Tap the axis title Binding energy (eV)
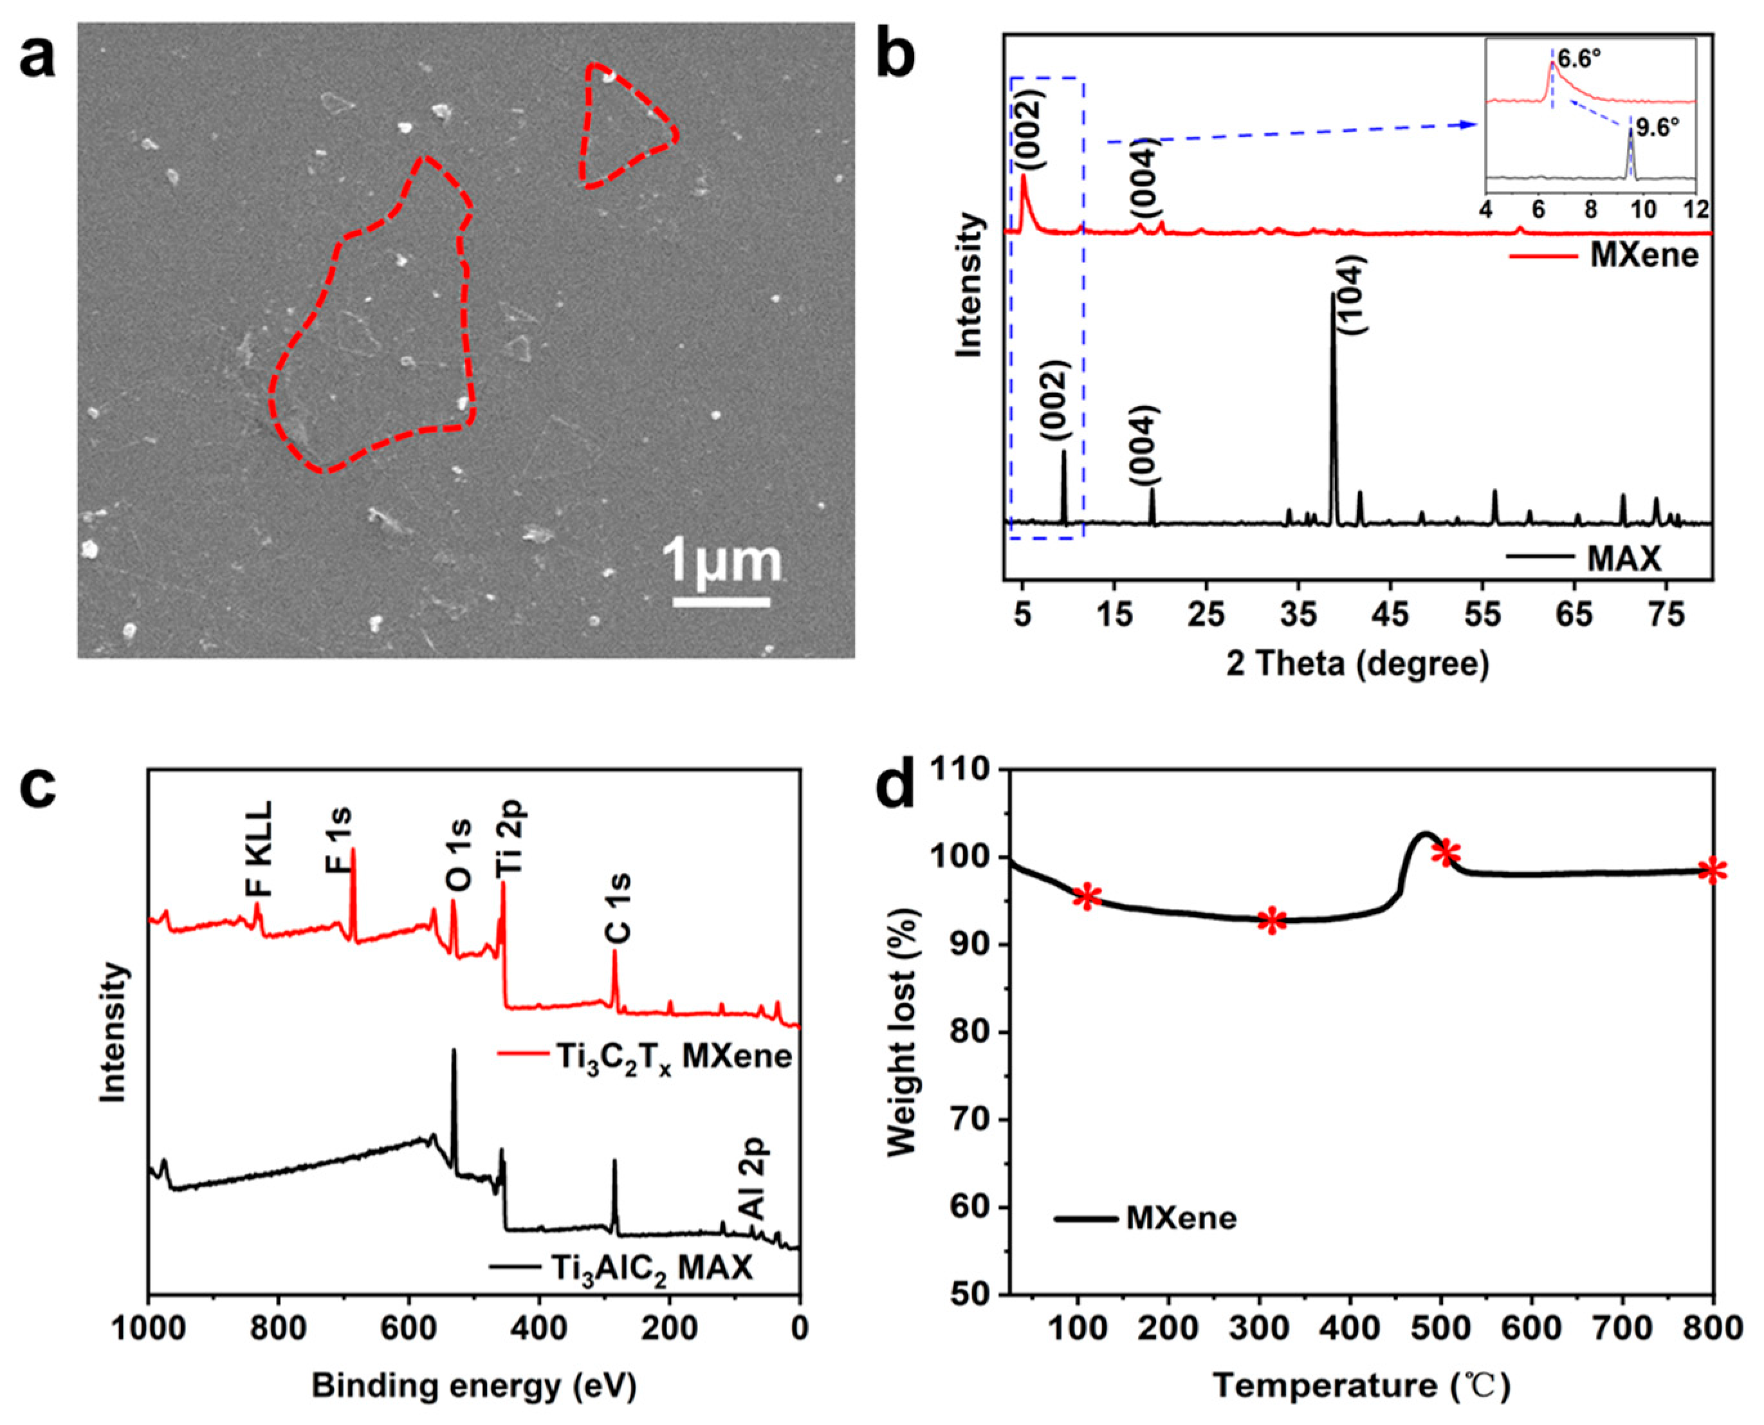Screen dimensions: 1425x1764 pos(473,1386)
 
